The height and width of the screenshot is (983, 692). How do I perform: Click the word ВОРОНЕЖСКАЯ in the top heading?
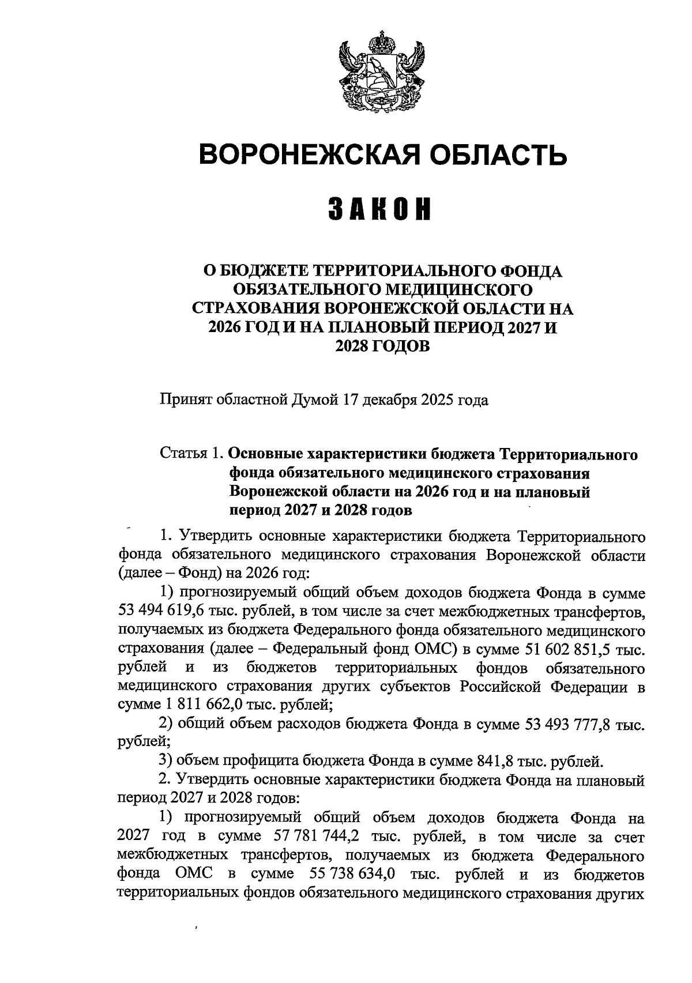pos(305,155)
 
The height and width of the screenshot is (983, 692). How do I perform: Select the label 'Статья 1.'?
pos(192,454)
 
